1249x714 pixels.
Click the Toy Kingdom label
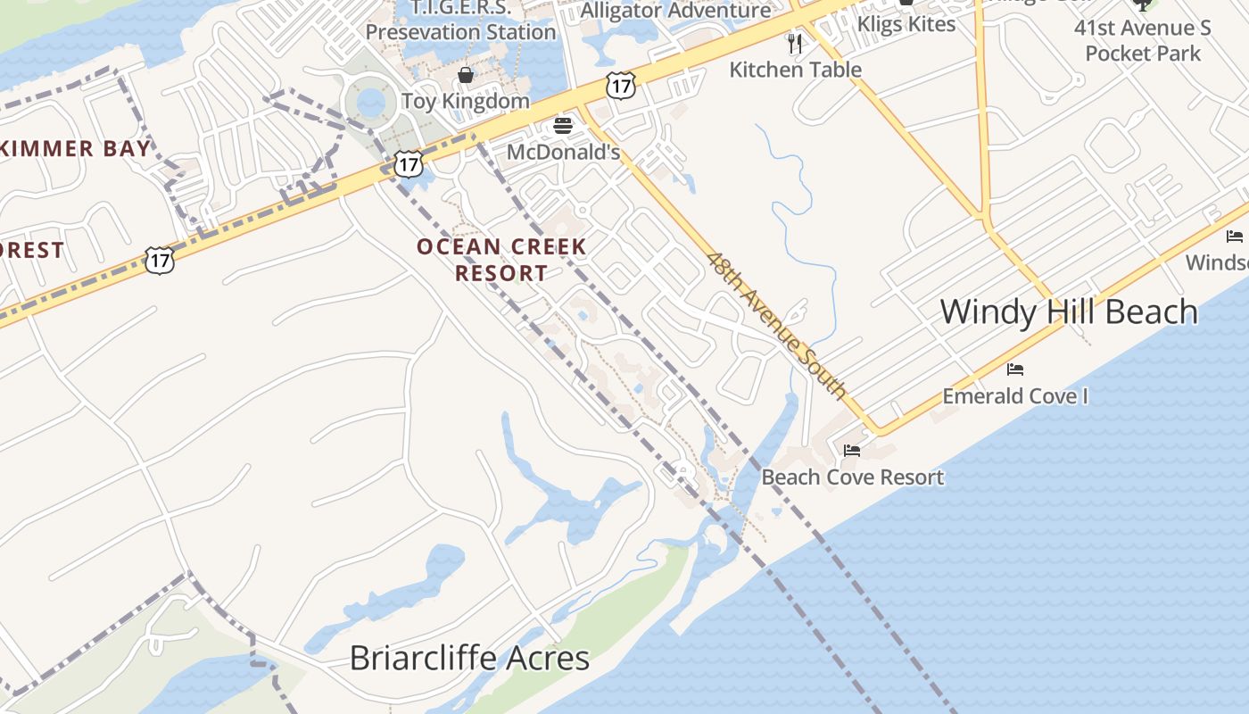(465, 101)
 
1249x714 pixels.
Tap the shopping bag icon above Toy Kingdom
(465, 75)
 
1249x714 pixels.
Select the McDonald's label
(563, 152)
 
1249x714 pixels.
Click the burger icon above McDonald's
(563, 126)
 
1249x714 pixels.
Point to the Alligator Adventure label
(675, 11)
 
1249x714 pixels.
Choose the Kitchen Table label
(795, 70)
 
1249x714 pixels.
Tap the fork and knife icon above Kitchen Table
(795, 43)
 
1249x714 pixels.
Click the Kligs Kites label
(906, 24)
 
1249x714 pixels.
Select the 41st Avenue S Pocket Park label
(1142, 40)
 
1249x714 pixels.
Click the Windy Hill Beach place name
(1069, 311)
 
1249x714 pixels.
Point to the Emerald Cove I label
(1015, 395)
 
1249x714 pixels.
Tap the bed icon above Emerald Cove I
(1015, 369)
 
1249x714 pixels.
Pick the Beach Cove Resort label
(852, 477)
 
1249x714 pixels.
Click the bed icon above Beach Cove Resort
(852, 451)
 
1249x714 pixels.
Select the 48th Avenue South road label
(776, 325)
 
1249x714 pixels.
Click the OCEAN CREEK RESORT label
(501, 260)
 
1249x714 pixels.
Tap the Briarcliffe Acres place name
(469, 659)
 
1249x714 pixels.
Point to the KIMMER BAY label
(75, 148)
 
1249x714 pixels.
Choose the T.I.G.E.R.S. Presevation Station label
(460, 20)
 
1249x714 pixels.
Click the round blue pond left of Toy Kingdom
(371, 103)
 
